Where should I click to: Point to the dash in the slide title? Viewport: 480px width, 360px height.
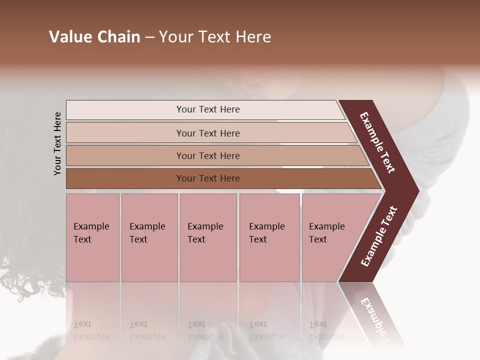point(149,37)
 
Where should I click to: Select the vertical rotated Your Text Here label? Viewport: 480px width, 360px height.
point(57,143)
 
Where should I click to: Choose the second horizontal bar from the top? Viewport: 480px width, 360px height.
point(207,133)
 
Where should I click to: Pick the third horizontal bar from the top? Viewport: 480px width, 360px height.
point(207,155)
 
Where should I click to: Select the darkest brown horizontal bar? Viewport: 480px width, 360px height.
point(207,178)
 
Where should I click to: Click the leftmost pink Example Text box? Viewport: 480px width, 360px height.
point(92,237)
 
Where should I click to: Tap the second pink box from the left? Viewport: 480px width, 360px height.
point(149,237)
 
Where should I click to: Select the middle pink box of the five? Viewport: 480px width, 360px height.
point(208,237)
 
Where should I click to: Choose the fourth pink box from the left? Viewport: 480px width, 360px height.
point(269,237)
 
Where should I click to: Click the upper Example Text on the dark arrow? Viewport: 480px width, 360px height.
point(377,142)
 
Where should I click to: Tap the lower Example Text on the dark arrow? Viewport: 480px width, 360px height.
point(379,236)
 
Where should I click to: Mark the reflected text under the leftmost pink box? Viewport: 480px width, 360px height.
point(91,330)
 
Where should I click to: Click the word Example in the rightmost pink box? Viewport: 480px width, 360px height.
point(326,226)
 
